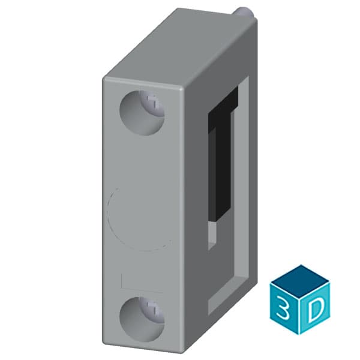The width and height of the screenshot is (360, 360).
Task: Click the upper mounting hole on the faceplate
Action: point(142,112)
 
